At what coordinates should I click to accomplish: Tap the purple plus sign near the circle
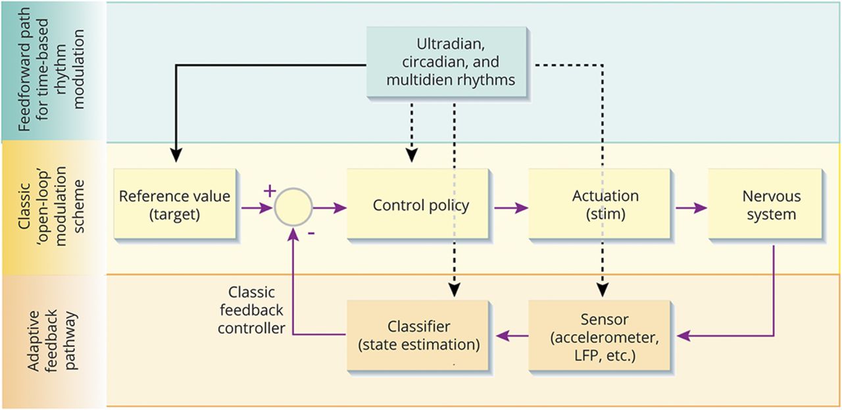269,190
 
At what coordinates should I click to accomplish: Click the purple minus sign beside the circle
310,232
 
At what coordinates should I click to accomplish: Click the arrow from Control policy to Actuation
511,208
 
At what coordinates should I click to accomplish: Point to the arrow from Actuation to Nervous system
691,208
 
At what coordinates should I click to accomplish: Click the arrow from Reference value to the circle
257,208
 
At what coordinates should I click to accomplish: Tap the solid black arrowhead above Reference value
176,155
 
